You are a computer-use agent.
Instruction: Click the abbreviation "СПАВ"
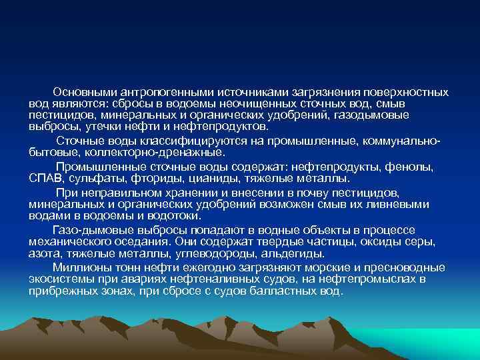click(x=45, y=178)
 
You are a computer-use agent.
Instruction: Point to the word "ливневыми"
click(x=398, y=203)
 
